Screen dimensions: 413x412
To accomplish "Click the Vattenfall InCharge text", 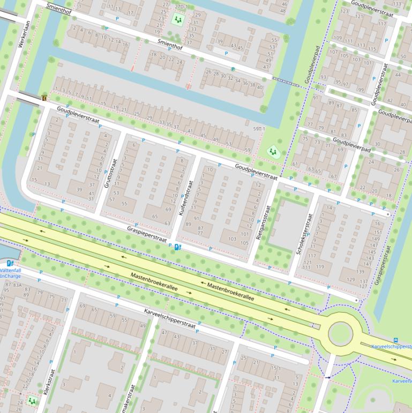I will point(11,273).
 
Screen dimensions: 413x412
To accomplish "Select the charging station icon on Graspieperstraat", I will point(177,247).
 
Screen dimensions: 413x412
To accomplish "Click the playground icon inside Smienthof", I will point(177,19).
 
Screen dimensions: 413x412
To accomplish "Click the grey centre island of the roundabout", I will point(340,334).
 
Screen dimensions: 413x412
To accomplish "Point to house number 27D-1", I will point(181,6).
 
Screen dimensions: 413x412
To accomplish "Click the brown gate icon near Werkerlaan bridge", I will point(44,98).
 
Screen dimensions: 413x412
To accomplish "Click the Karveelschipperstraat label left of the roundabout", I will point(169,318).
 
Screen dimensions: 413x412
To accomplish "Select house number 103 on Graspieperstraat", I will point(232,239).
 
